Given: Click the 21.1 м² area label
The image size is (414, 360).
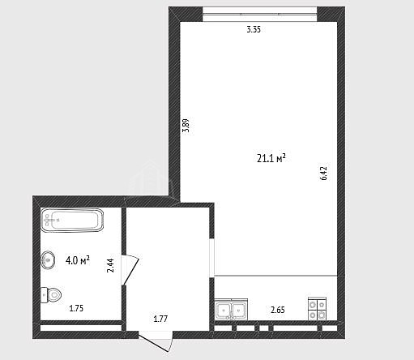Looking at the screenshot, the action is (271, 158).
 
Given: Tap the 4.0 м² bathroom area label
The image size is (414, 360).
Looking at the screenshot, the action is (78, 260).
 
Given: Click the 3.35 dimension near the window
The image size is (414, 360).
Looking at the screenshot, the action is (254, 29).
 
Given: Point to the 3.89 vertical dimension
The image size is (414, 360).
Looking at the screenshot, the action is (186, 126).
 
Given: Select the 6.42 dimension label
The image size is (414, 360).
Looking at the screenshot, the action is (324, 174).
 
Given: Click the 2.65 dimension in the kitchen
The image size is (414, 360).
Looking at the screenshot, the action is (278, 310).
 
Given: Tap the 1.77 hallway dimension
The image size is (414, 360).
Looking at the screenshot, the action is (160, 319).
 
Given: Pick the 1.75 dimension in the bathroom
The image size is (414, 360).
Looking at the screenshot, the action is (76, 308).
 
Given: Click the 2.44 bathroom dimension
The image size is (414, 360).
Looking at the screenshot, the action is (110, 265).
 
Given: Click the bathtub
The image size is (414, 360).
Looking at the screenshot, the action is (73, 221).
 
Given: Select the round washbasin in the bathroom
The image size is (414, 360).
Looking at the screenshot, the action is (49, 260).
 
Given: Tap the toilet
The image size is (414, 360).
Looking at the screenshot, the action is (51, 295).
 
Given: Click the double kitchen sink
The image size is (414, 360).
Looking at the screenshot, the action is (231, 310).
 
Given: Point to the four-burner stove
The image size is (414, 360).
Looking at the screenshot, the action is (317, 309).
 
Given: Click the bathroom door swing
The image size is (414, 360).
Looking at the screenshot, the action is (130, 271).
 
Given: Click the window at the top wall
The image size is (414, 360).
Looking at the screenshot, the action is (259, 15).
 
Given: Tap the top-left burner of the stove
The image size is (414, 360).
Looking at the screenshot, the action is (313, 305).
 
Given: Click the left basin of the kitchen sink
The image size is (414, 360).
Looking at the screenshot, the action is (224, 310).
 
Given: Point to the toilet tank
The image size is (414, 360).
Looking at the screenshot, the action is (44, 295).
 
